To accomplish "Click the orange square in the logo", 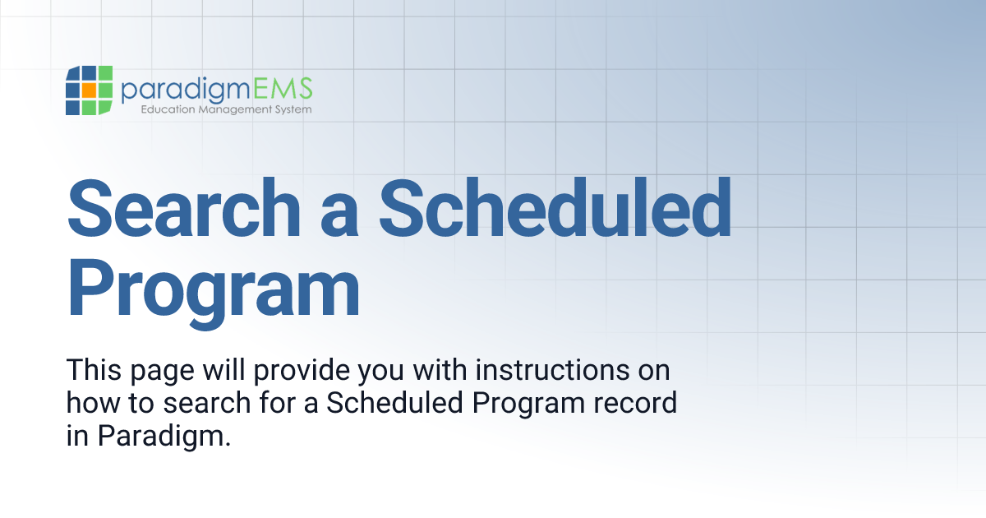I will click(89, 90).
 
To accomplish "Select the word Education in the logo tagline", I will click(169, 109).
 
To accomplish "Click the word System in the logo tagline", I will click(292, 109).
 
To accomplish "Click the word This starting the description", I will click(91, 370).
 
